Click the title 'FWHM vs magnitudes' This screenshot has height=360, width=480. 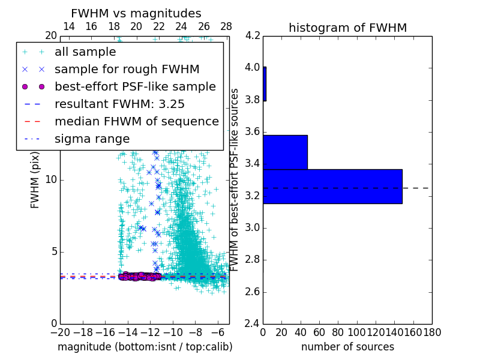point(136,13)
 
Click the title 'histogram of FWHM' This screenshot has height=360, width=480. point(347,28)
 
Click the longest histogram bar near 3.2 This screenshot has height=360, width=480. point(332,187)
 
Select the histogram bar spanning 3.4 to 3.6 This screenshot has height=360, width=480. point(285,152)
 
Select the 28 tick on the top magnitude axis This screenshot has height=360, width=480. point(226,26)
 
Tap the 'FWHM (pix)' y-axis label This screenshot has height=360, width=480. point(35,179)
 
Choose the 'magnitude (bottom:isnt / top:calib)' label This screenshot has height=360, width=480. point(145,347)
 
